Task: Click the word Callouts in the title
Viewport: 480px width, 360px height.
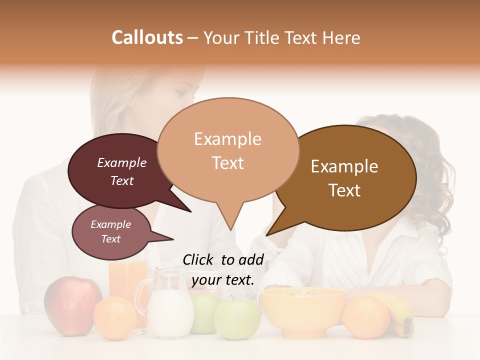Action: tap(147, 37)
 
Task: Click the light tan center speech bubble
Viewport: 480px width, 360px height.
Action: tap(228, 150)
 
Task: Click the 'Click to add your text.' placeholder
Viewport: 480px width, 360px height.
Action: tap(223, 269)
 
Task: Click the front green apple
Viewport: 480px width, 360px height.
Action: tap(237, 318)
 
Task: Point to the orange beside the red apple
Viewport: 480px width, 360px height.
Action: tap(115, 318)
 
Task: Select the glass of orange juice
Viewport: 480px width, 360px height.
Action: tap(128, 280)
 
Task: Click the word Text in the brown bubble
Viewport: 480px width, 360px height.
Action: tap(344, 190)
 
